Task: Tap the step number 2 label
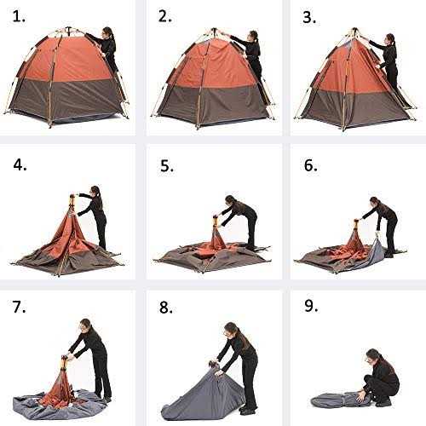(165, 17)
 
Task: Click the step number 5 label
(165, 165)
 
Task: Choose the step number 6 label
(310, 165)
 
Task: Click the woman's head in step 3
(389, 39)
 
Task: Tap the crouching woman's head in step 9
(372, 355)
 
